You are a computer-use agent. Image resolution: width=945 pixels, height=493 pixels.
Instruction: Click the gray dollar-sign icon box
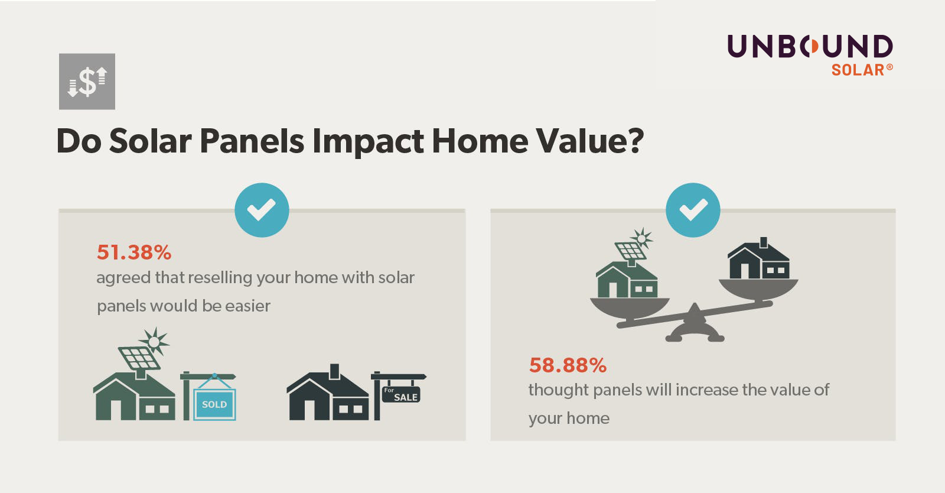click(x=87, y=82)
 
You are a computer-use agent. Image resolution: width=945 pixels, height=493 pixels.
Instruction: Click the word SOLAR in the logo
click(x=858, y=70)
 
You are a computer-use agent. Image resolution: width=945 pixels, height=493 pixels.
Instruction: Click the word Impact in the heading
click(x=367, y=141)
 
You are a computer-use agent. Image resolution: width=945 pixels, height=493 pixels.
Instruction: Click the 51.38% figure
click(x=134, y=252)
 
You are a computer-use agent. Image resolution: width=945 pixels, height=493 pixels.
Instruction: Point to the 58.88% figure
click(x=568, y=365)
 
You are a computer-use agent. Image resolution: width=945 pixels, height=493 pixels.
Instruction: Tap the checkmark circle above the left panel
click(x=262, y=210)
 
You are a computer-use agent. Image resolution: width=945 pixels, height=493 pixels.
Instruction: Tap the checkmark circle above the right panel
click(x=693, y=210)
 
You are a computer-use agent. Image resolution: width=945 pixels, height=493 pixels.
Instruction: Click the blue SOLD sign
click(x=214, y=404)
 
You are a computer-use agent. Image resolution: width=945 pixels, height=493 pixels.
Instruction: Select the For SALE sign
click(x=401, y=394)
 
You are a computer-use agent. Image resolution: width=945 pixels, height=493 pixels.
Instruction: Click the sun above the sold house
click(x=155, y=341)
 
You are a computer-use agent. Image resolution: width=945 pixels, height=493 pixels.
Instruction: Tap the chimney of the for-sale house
click(x=334, y=371)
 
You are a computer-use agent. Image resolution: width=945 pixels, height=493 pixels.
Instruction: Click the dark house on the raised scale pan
click(x=758, y=261)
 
